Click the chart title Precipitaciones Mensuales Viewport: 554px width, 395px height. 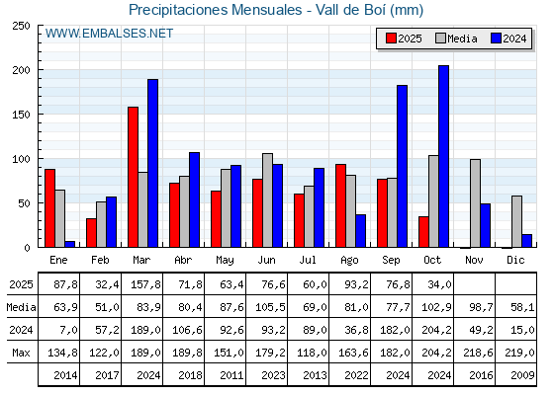pos(276,10)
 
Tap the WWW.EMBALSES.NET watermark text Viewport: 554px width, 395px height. pos(110,34)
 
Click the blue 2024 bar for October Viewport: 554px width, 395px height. pos(443,156)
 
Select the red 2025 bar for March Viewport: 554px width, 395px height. pos(133,177)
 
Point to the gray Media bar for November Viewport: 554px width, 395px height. pos(475,203)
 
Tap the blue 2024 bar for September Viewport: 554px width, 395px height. pos(402,166)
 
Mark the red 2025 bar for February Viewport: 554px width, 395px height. pos(91,233)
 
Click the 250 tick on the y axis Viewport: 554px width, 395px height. pos(22,26)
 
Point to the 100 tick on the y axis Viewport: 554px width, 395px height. pos(22,159)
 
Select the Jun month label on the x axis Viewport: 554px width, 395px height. pos(267,259)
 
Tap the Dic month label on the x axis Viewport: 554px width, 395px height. pos(516,259)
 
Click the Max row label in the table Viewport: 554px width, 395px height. pos(21,353)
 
